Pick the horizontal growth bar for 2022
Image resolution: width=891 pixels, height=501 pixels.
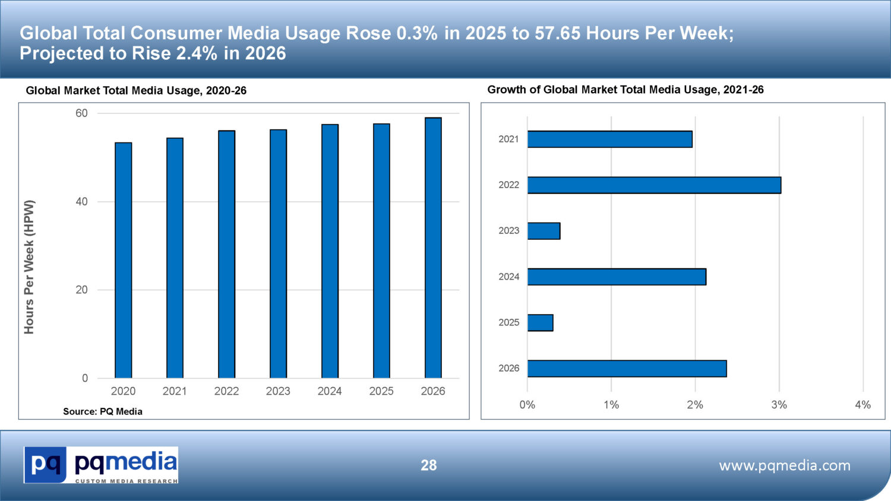pos(654,185)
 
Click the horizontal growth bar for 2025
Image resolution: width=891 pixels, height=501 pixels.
pos(540,323)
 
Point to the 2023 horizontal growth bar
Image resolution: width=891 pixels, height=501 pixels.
pos(544,231)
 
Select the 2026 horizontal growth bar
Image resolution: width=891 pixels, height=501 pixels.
pos(627,369)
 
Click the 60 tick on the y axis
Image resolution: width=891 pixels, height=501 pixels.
pos(81,113)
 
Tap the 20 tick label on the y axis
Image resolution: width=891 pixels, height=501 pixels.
pos(81,290)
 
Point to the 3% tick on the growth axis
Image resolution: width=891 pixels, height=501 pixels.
pos(779,405)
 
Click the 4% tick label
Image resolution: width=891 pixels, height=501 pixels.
pos(862,405)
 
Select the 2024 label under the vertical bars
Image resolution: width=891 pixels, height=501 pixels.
pos(330,391)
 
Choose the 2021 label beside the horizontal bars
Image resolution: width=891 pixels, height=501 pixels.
pos(508,139)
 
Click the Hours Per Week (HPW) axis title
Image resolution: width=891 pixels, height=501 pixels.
pos(29,267)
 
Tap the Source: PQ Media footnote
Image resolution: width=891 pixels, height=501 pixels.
pos(103,411)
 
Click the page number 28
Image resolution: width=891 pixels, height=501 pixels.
pos(428,465)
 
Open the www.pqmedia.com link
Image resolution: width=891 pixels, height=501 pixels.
pos(784,465)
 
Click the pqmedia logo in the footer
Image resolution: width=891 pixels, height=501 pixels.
pos(101,465)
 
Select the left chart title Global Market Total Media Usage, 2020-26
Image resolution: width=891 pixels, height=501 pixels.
pos(136,91)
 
